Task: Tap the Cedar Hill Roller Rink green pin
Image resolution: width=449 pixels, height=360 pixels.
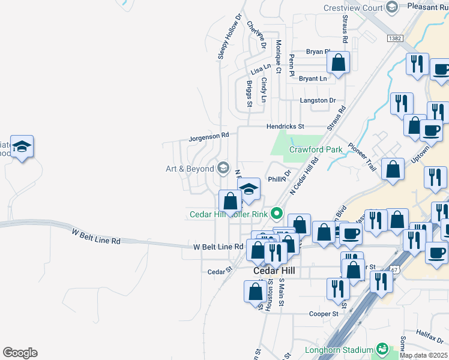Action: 277,213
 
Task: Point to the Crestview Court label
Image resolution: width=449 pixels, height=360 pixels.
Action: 353,8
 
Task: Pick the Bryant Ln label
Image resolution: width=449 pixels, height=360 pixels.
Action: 313,79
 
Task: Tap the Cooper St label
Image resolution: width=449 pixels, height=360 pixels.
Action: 324,314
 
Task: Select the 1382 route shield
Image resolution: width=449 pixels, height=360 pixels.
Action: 394,38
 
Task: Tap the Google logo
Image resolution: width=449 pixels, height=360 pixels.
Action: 20,353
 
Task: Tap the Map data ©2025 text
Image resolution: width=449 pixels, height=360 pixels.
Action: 423,355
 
